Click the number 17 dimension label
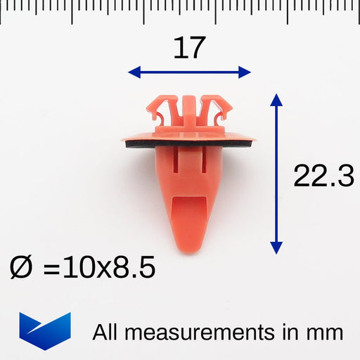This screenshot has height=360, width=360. tap(189, 48)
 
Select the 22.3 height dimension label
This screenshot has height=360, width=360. tap(323, 176)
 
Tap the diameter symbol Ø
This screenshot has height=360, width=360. tap(20, 267)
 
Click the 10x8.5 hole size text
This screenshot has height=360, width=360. tap(109, 266)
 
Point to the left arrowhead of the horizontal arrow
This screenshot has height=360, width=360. tap(134, 72)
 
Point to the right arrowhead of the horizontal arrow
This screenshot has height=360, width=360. tap(245, 72)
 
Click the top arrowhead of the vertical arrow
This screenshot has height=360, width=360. tap(276, 100)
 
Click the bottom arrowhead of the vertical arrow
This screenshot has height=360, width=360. tap(276, 248)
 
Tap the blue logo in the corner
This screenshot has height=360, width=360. tap(45, 331)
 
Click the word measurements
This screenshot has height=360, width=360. tap(199, 333)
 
